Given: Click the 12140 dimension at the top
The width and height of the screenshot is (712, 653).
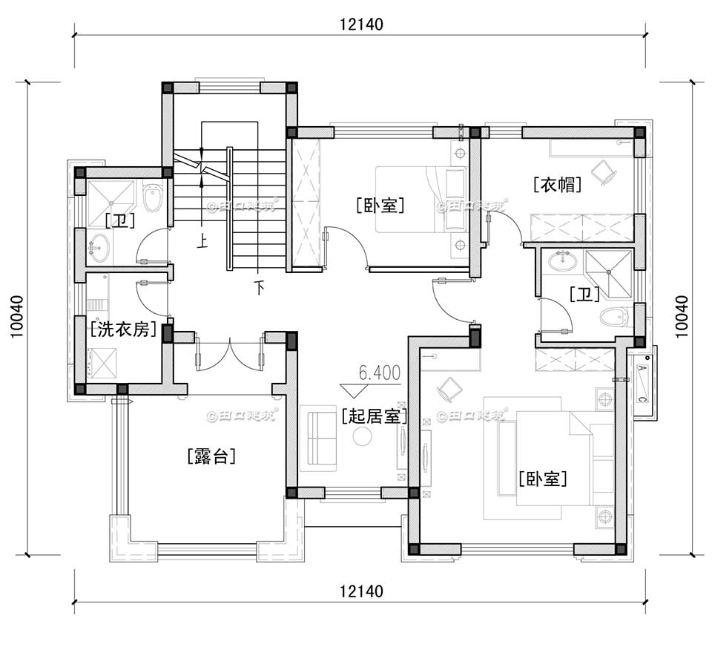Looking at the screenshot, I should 361,24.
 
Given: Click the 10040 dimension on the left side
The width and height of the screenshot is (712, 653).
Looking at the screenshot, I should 16,317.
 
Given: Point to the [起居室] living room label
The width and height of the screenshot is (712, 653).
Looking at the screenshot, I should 375,416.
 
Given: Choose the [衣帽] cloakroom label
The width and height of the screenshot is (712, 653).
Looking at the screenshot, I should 556,184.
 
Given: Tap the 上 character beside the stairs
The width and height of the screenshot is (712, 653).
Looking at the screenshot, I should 201,240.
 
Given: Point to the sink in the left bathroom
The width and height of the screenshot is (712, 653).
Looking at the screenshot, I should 98,246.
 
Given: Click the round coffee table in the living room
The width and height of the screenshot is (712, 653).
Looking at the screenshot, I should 362,436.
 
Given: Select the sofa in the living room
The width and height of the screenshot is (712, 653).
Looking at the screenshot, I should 317,438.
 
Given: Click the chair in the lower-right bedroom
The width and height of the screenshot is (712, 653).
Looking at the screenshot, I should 449,388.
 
